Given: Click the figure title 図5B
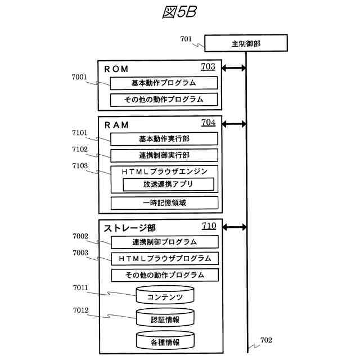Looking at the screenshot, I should (179, 13).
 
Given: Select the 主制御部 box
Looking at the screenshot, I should (246, 43).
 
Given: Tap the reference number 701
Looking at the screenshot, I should (186, 39).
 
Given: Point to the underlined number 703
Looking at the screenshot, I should (208, 67).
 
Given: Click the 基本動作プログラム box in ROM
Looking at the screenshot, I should (164, 83).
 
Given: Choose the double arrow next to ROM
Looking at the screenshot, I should (235, 69).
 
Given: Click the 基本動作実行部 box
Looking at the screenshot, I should (164, 138).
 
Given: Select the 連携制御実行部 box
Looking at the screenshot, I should (164, 155).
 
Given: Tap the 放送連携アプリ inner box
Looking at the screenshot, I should (168, 184).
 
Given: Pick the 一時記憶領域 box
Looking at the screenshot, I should (164, 202).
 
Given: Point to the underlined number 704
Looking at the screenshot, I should (208, 122).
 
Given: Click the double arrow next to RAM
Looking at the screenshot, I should (235, 124).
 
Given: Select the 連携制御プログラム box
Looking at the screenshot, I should (164, 242).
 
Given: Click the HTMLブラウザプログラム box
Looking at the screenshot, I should (164, 259).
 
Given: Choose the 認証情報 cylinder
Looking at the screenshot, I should (165, 318).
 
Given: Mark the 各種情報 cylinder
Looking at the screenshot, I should (165, 341).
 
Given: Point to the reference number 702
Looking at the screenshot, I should (265, 340).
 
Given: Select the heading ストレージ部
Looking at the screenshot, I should (129, 228).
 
